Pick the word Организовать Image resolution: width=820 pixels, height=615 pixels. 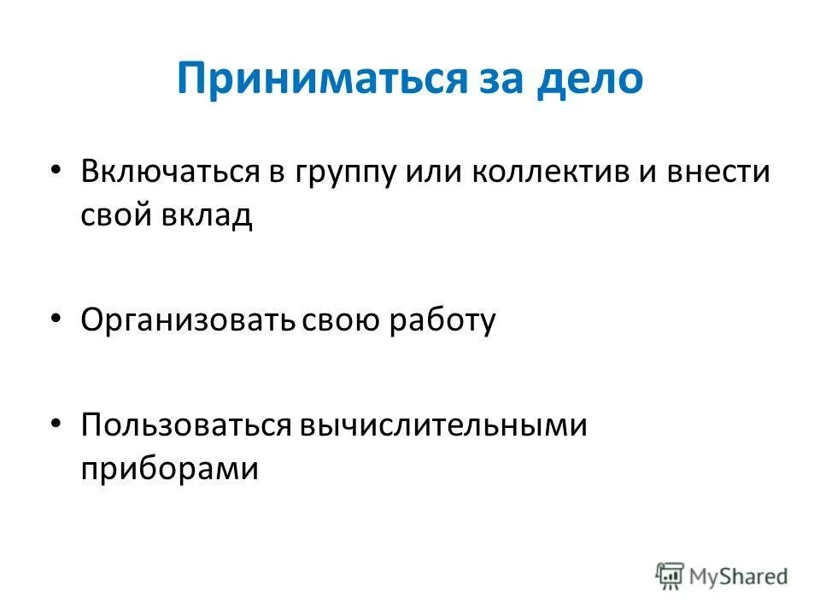(x=187, y=321)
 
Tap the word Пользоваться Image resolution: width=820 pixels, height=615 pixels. (x=186, y=425)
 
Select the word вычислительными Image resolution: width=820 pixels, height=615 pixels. (x=443, y=425)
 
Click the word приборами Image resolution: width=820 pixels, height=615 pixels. (x=169, y=469)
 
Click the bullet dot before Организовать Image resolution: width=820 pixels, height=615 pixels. (x=56, y=318)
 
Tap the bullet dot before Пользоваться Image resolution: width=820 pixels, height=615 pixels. (x=56, y=423)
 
